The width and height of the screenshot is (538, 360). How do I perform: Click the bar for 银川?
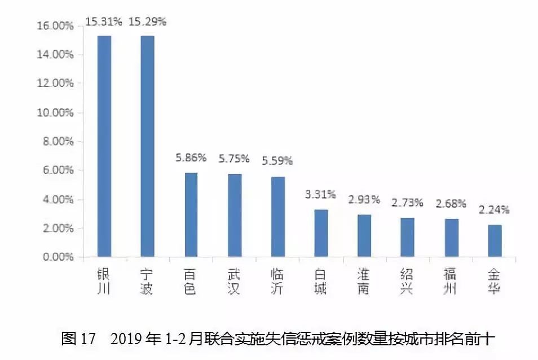[104, 146]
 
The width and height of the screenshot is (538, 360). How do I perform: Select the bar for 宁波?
[147, 146]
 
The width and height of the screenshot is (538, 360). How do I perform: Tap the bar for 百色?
[191, 215]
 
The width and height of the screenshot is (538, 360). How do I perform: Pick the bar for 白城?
[320, 233]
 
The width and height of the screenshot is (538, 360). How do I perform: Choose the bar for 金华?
[495, 241]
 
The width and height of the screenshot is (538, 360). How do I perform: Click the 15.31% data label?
[104, 21]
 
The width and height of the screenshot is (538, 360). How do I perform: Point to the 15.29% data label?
[148, 21]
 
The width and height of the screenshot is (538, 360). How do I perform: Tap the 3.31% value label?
[320, 195]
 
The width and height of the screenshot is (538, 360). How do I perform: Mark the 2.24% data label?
[494, 210]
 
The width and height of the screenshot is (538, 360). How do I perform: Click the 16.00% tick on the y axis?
[55, 25]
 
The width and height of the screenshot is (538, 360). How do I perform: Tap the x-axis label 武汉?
[234, 282]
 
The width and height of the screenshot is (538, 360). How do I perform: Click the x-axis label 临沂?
[277, 282]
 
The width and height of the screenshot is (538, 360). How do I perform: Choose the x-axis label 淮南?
[364, 282]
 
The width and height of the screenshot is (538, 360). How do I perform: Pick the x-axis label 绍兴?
[408, 282]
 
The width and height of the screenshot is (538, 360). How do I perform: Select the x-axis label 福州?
[451, 282]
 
